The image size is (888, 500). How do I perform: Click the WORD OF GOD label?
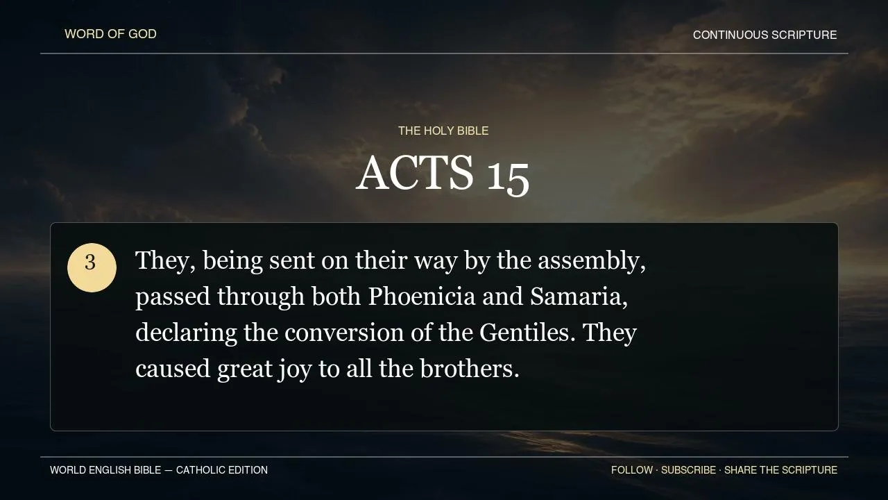[110, 34]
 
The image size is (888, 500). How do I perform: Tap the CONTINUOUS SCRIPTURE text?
[765, 35]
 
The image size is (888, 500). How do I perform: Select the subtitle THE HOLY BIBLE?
[443, 131]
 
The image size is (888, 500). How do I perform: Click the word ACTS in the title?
[415, 173]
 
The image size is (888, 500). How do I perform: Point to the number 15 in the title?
[508, 178]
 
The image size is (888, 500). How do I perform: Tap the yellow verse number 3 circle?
[92, 268]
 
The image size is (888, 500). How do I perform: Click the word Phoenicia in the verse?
[422, 297]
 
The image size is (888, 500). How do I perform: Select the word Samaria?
[579, 297]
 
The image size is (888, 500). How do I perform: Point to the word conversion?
[344, 333]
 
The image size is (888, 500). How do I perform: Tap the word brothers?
[470, 369]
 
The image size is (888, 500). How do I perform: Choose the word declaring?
[187, 333]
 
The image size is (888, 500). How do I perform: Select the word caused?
[173, 369]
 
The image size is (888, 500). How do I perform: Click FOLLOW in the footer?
[632, 470]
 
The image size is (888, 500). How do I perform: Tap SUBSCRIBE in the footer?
[689, 470]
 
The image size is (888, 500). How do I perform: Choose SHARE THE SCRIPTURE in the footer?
[780, 470]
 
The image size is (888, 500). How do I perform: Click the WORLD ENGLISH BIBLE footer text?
[105, 470]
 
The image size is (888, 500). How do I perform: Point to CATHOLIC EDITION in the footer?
[222, 470]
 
